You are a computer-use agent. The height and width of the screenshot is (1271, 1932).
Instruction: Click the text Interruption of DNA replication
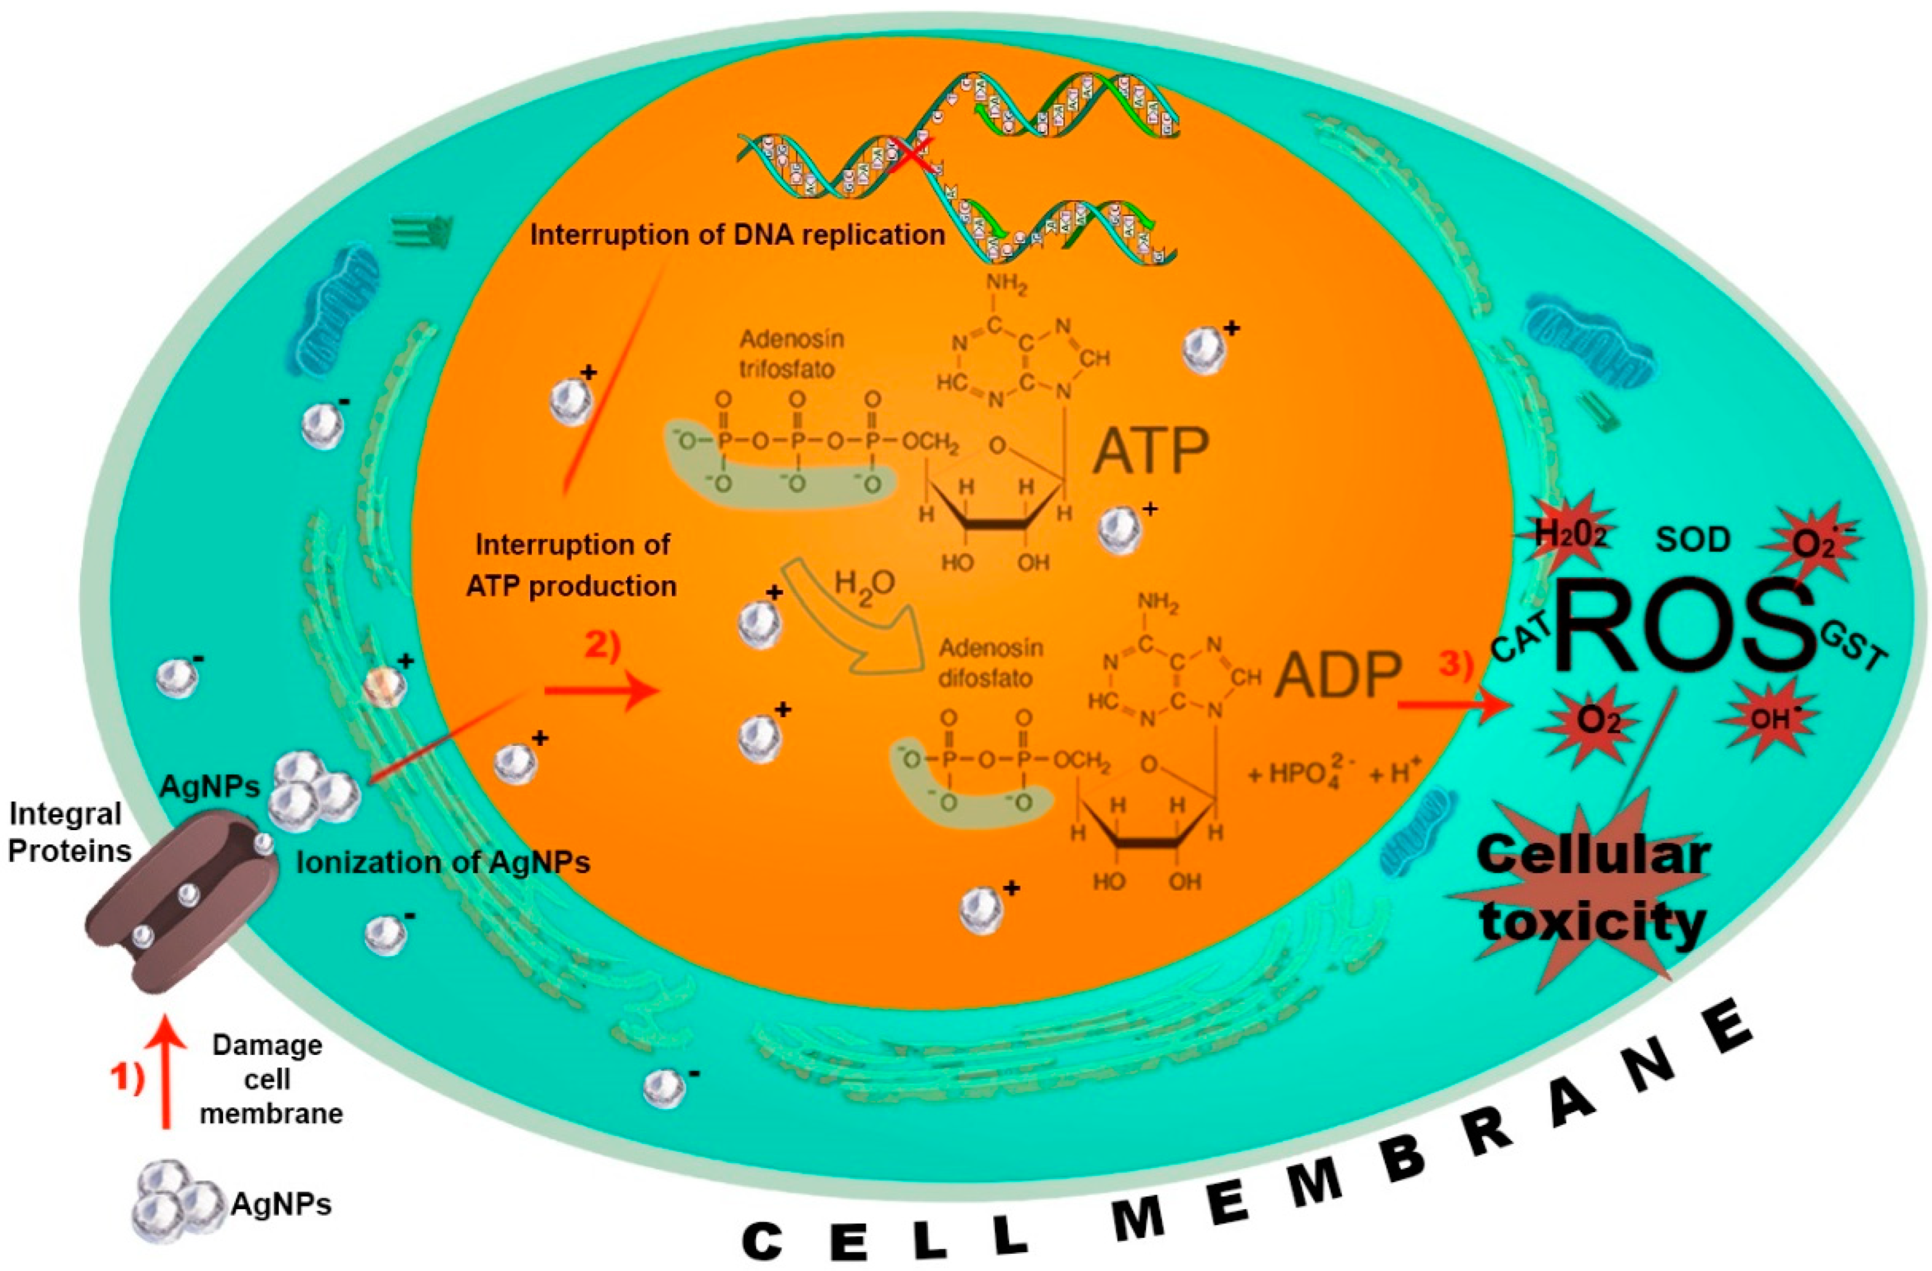(737, 235)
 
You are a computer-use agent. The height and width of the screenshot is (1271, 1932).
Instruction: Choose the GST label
(1853, 647)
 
